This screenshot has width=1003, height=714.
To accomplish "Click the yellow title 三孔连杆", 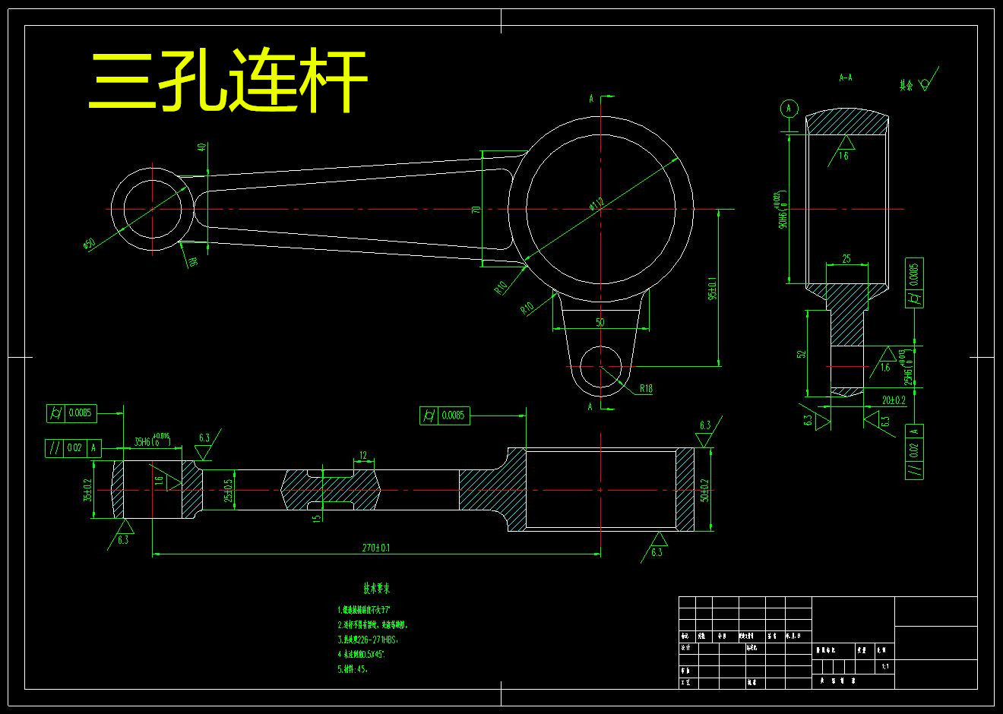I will pyautogui.click(x=228, y=81).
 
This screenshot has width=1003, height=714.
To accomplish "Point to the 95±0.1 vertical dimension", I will pyautogui.click(x=712, y=289).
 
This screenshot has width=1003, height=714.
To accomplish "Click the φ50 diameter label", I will pyautogui.click(x=89, y=244).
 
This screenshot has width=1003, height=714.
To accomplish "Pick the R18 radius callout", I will pyautogui.click(x=645, y=389).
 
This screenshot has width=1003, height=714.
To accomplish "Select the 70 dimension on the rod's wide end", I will pyautogui.click(x=476, y=209).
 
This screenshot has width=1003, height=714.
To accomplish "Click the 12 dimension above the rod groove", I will pyautogui.click(x=363, y=456).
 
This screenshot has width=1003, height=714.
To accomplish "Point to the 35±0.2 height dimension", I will pyautogui.click(x=88, y=490).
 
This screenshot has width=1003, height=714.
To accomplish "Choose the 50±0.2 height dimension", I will pyautogui.click(x=704, y=490).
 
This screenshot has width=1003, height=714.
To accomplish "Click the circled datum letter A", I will pyautogui.click(x=789, y=109).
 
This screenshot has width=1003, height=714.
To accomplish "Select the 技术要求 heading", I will pyautogui.click(x=376, y=589).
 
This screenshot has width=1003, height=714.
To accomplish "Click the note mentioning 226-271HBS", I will pyautogui.click(x=368, y=640).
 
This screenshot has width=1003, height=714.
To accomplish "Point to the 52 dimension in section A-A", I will pyautogui.click(x=802, y=354).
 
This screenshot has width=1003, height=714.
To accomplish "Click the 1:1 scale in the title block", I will pyautogui.click(x=884, y=666).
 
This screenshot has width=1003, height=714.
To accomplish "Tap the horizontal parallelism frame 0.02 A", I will pyautogui.click(x=74, y=448).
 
